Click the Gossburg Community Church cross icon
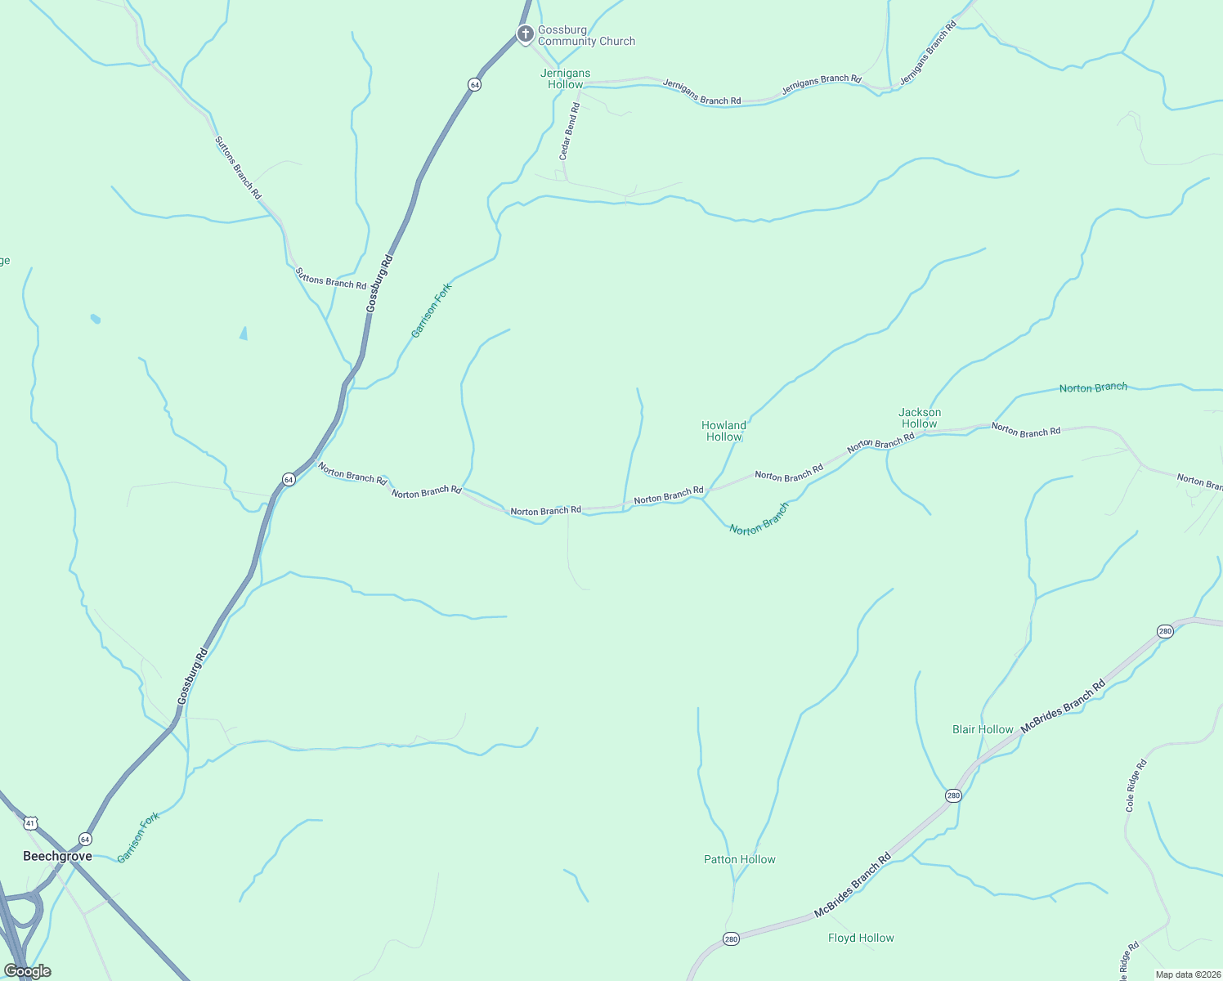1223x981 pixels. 526,34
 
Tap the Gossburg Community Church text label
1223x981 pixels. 586,36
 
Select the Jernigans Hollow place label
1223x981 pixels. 565,78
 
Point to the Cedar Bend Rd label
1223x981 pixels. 569,131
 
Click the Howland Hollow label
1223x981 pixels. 723,431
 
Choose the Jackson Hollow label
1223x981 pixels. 920,418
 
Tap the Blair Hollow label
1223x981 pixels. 983,729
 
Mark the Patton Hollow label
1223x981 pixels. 739,859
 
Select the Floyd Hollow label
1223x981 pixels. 861,938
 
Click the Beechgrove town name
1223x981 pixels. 57,856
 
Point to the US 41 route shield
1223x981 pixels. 30,822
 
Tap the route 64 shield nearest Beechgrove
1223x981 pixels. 85,839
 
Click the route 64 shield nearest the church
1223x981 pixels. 474,84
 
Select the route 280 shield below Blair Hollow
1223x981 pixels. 953,795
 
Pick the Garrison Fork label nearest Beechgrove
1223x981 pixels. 138,837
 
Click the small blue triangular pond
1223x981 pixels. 244,333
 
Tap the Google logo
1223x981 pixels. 27,971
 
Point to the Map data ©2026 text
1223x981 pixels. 1187,974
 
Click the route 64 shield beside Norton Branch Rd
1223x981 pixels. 289,479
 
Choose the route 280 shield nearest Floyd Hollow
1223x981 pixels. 731,939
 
